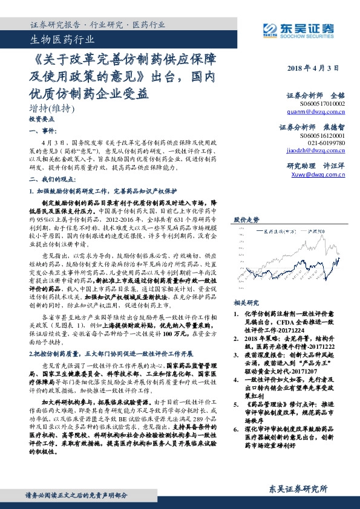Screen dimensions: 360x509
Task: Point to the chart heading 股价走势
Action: click(246, 220)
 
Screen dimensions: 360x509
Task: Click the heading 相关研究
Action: click(246, 303)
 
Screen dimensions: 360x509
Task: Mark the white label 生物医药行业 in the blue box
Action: click(62, 41)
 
